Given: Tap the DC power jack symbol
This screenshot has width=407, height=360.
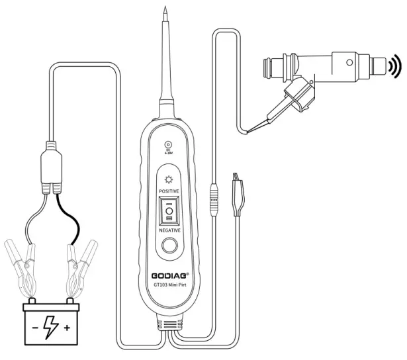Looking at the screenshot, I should [168, 145].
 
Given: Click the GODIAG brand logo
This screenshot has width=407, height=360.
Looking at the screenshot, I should [168, 274].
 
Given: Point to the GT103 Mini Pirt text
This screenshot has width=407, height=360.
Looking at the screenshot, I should [168, 285].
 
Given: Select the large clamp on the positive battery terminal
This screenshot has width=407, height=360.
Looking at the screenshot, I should [77, 271].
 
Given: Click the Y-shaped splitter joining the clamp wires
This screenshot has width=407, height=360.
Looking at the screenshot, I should [51, 165].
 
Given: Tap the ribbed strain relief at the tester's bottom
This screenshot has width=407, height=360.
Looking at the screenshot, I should [168, 325].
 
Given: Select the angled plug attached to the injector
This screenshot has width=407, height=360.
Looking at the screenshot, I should [294, 99].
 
